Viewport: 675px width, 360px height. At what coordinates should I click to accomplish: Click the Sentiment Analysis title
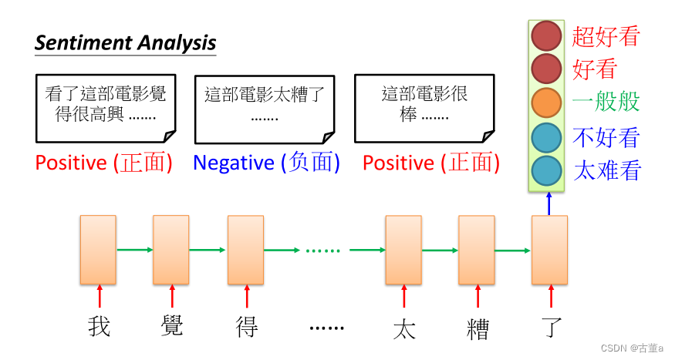click(x=125, y=42)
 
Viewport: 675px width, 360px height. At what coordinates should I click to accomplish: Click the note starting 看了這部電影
click(x=106, y=108)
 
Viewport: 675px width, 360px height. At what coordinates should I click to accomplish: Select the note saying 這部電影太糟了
click(x=265, y=109)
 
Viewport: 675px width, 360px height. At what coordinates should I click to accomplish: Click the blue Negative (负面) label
click(x=266, y=163)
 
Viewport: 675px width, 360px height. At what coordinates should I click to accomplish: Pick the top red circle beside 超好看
click(x=546, y=35)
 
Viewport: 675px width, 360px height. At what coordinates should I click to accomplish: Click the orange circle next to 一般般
click(x=546, y=103)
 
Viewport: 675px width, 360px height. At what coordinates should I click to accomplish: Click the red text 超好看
click(x=606, y=36)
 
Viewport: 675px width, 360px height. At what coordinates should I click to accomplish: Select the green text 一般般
click(x=606, y=103)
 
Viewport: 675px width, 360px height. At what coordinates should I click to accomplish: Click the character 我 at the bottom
click(x=99, y=327)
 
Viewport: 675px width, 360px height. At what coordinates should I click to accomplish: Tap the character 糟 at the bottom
click(x=478, y=328)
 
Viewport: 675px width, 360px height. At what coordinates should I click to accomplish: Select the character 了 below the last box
click(x=550, y=327)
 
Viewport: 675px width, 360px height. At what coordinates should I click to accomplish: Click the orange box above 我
click(x=98, y=250)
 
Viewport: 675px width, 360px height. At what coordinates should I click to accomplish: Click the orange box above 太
click(x=403, y=250)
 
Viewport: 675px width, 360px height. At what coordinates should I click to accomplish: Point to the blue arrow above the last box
click(x=549, y=204)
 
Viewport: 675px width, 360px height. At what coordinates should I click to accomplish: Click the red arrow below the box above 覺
click(x=171, y=296)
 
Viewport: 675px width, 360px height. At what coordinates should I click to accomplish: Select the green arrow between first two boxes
click(x=134, y=249)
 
